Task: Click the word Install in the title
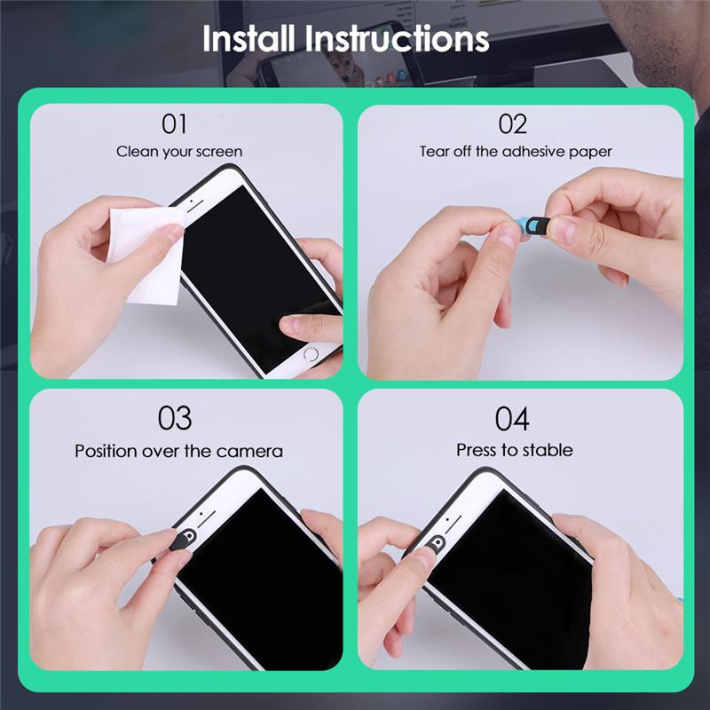(249, 39)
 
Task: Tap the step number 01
(174, 123)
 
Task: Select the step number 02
(512, 123)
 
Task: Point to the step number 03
(175, 417)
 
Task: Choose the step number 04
(512, 417)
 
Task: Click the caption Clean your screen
(178, 152)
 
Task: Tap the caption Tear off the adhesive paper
(516, 152)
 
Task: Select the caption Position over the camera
(178, 451)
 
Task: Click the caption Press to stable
(514, 450)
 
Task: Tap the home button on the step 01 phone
(310, 353)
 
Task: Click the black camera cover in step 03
(183, 536)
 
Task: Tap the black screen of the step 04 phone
(515, 577)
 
